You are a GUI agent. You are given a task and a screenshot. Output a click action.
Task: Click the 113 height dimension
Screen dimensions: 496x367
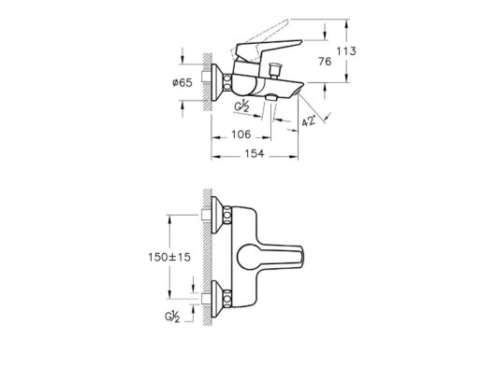[346, 50]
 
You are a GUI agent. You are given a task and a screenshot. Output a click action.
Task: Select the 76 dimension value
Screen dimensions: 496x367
[325, 62]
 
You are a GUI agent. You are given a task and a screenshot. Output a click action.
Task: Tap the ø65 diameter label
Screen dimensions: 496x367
[182, 83]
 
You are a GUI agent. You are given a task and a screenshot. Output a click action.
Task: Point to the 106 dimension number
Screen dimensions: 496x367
[241, 134]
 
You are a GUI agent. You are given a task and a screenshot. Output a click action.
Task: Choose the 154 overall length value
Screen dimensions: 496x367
[255, 154]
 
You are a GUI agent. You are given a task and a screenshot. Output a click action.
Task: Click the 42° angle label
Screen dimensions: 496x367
[309, 120]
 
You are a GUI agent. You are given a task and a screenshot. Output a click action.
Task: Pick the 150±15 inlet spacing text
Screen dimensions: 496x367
[169, 257]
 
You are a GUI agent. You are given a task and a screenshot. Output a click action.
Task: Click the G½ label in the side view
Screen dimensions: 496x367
[242, 106]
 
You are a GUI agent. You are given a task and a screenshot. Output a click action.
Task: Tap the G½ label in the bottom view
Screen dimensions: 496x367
[172, 317]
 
